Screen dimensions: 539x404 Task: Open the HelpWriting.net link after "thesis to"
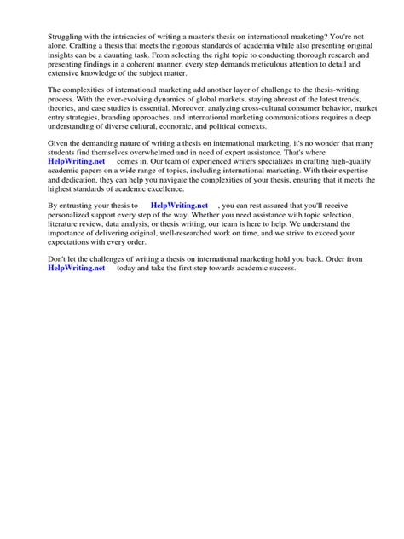point(179,229)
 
